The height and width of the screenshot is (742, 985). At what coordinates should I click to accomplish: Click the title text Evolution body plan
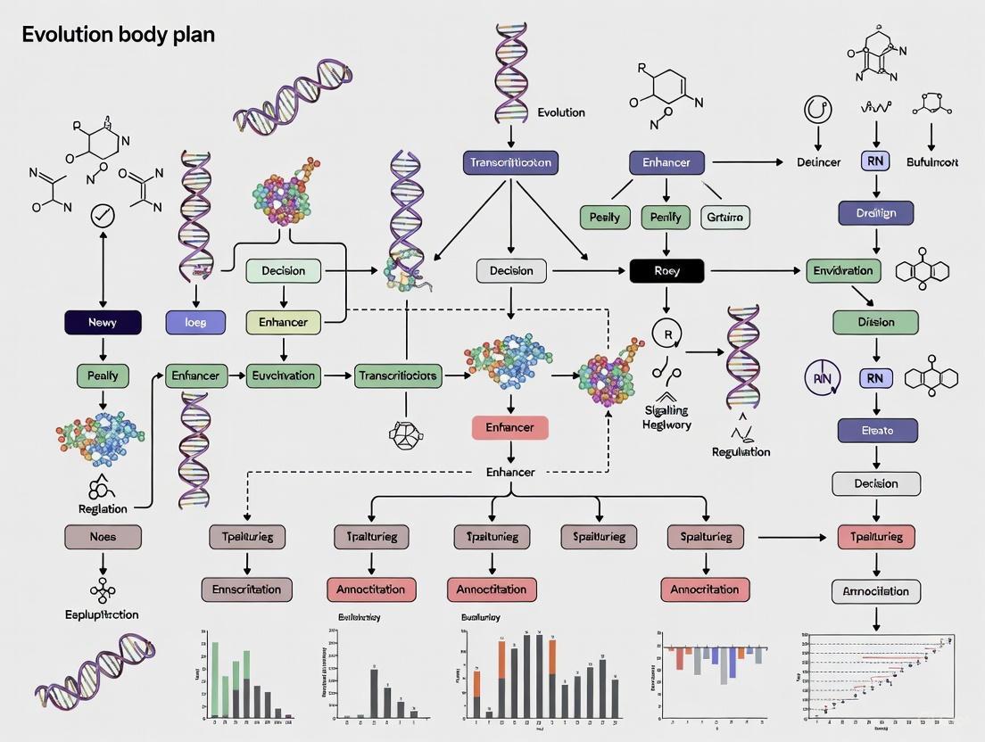pos(118,36)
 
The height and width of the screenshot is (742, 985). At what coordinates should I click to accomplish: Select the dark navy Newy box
pos(103,322)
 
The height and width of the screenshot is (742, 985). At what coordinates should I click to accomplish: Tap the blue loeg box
pos(196,322)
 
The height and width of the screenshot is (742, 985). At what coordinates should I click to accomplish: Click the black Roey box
pos(666,270)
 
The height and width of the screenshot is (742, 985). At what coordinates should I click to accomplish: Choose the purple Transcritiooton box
pos(510,162)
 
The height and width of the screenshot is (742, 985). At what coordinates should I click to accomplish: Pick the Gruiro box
pos(725,217)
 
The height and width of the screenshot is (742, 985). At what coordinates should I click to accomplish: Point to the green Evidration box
pos(843,270)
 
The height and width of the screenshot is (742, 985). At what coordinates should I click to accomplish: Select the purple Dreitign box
pos(876,212)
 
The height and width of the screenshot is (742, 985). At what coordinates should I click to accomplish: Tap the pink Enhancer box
pos(509,427)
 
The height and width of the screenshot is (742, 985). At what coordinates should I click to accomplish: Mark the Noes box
pos(103,537)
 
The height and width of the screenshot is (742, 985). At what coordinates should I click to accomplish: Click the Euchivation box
pos(283,375)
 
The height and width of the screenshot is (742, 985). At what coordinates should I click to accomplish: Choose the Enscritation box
pos(246,589)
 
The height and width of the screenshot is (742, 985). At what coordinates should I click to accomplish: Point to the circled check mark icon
pos(103,215)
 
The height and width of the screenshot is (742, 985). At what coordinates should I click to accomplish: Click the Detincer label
pos(818,162)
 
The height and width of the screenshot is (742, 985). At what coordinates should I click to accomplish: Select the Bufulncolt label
pos(932,162)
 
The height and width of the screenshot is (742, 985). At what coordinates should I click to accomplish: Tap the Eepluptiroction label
pos(102,614)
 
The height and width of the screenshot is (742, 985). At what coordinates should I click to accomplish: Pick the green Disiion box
pos(876,322)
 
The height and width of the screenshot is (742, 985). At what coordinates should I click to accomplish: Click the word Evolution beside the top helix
pos(561,112)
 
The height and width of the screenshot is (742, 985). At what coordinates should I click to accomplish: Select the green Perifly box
pos(666,217)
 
